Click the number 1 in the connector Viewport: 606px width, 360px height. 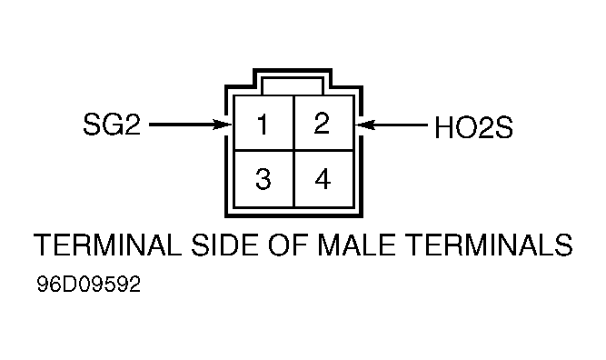click(263, 125)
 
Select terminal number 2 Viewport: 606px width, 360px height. click(322, 124)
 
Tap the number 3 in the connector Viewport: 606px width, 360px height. click(263, 179)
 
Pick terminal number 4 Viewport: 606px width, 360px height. click(323, 179)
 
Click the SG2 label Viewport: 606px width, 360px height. click(112, 125)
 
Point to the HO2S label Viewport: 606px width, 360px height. click(474, 127)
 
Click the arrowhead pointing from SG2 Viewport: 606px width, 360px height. click(223, 125)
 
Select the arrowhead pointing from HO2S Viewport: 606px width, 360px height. click(365, 125)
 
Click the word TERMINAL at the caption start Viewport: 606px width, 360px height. click(107, 245)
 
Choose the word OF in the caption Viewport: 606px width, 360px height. click(288, 245)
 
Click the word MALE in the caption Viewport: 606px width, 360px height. click(356, 245)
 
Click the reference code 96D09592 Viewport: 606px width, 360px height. click(88, 285)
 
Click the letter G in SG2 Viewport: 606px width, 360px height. click(112, 125)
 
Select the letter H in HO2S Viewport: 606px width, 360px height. click(443, 127)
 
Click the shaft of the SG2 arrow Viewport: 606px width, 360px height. click(182, 125)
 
